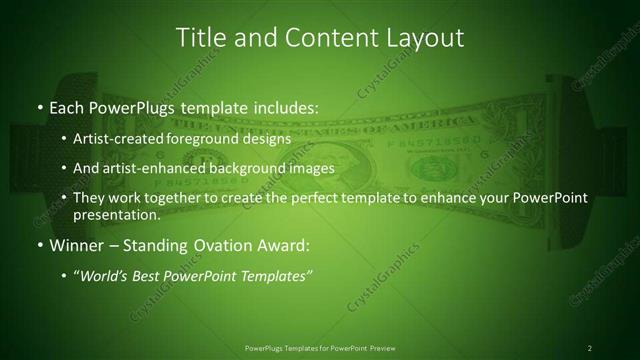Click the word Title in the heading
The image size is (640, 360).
(199, 38)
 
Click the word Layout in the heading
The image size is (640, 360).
(424, 38)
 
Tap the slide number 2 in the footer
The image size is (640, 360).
(589, 347)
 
